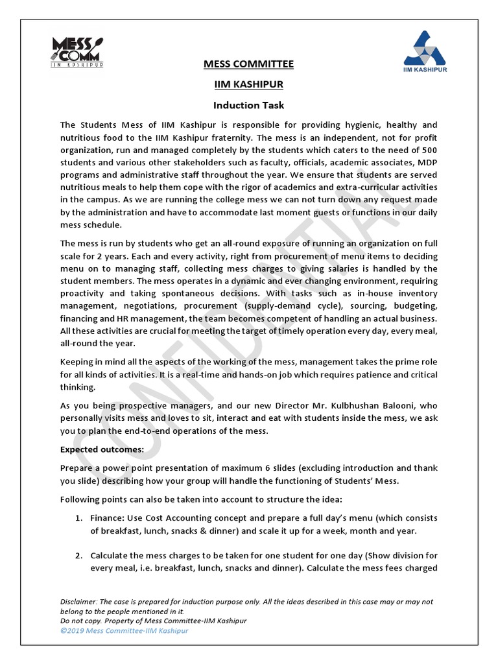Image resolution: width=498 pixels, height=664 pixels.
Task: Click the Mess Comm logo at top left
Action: (77, 52)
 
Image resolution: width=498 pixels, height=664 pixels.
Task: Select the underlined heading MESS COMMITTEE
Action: (248, 64)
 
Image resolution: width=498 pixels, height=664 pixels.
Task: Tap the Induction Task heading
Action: (248, 105)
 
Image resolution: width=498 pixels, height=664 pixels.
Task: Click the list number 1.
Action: (78, 518)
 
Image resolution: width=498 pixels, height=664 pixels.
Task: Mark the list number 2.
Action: (78, 556)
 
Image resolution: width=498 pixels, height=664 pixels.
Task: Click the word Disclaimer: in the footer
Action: (81, 602)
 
